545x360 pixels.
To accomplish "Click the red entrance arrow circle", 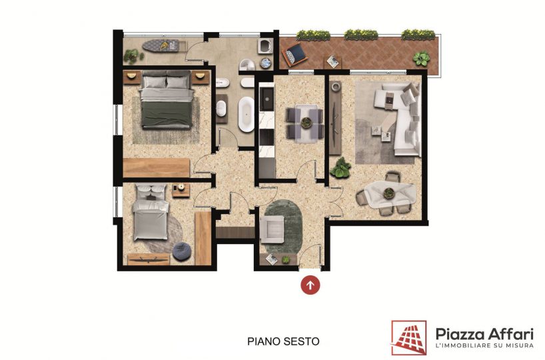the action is click(310, 285).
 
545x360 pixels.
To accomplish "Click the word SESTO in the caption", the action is click(301, 341).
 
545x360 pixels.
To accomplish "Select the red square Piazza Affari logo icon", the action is click(409, 337).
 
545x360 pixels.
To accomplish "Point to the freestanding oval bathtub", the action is click(246, 114).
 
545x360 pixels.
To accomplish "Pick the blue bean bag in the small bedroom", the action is click(182, 251).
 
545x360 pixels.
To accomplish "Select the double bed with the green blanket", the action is click(167, 99).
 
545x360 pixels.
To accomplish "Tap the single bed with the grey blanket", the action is click(151, 212).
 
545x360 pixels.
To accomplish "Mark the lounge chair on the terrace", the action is click(294, 55).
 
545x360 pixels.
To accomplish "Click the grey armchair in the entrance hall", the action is click(272, 229).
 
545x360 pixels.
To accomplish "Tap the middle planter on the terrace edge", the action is click(361, 35).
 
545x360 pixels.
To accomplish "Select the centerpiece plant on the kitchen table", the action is click(306, 123).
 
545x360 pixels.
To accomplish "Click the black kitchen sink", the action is click(267, 99).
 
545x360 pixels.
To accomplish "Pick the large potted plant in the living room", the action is click(340, 167).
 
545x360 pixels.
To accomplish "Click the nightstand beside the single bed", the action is click(181, 190).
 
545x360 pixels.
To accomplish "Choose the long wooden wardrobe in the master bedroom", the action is click(157, 167).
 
